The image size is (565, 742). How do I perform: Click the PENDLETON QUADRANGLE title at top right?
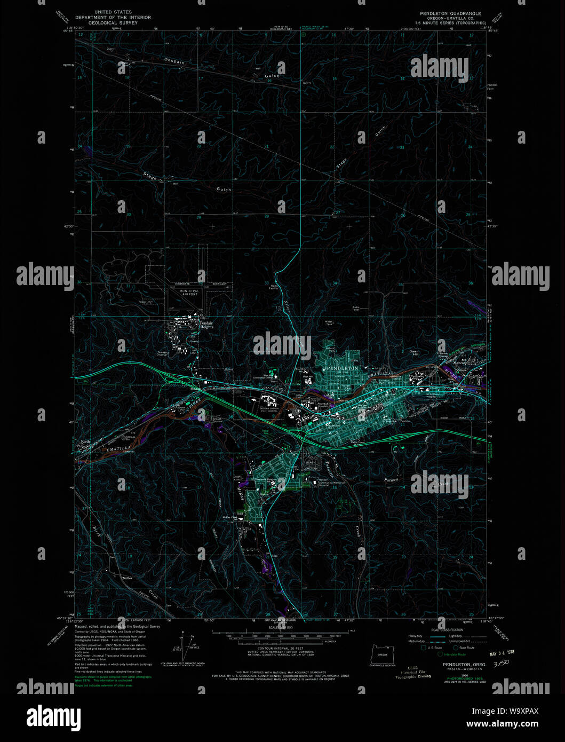pyautogui.click(x=450, y=14)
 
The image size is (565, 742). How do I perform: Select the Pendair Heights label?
pyautogui.click(x=206, y=325)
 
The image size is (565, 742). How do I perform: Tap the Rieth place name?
pyautogui.click(x=85, y=442)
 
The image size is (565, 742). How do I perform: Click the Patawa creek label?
pyautogui.click(x=392, y=481)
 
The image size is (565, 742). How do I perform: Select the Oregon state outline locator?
pyautogui.click(x=382, y=653)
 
